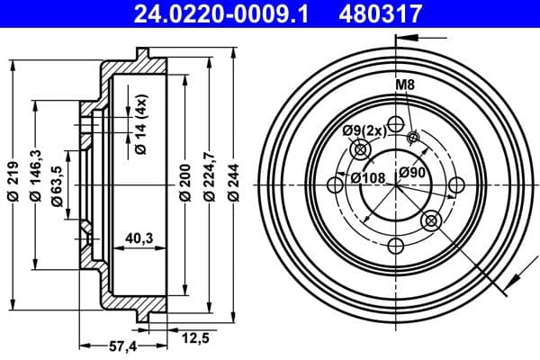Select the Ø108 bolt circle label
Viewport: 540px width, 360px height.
coord(368,177)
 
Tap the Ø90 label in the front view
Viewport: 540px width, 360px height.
coord(412,172)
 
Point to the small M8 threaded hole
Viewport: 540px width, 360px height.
coord(414,138)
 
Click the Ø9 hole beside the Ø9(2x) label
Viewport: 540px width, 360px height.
coord(363,152)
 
